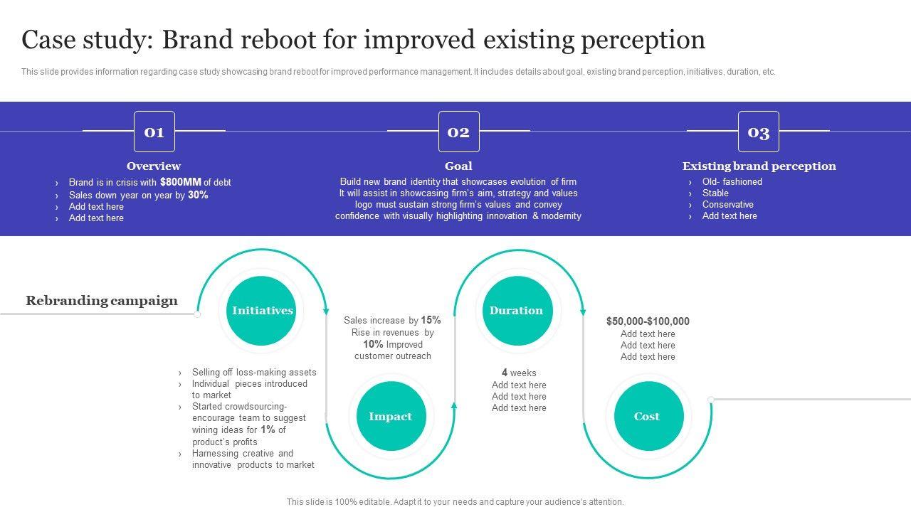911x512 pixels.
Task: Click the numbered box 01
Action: [154, 132]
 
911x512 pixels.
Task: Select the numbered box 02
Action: [458, 132]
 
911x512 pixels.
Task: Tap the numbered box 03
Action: [758, 132]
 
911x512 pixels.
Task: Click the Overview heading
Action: [154, 166]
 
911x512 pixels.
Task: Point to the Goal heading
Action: [458, 166]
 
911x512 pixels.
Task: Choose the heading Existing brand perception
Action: [759, 166]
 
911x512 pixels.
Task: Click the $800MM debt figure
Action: [181, 182]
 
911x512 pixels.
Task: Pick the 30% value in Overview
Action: [198, 195]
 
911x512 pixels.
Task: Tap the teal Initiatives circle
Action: [262, 311]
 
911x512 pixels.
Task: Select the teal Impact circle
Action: [391, 417]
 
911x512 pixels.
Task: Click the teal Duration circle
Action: [517, 311]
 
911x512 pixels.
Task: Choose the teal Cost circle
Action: [648, 417]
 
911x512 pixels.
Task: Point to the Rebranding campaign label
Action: [102, 301]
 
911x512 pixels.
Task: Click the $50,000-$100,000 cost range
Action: [648, 321]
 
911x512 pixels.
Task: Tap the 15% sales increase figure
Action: [431, 320]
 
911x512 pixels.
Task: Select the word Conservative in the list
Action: [727, 205]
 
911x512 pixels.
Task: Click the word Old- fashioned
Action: [732, 182]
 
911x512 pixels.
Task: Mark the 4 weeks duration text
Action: [519, 373]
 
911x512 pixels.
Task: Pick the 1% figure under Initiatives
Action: [268, 430]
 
